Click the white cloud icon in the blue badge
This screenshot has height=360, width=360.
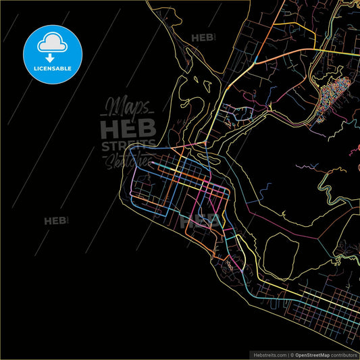click(51, 43)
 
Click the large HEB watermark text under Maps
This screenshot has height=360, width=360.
click(128, 128)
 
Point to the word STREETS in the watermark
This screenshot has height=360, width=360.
click(128, 145)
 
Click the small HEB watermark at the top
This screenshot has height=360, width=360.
click(203, 38)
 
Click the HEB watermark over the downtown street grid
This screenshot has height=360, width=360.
click(201, 219)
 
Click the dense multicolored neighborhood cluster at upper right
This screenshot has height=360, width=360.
click(334, 95)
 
